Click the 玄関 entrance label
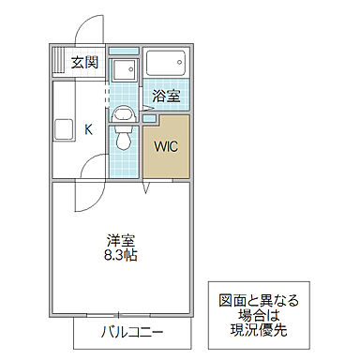point(85,63)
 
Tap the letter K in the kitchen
point(89,129)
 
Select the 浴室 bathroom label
point(165,95)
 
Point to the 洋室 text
point(119,239)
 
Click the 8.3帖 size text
point(120,254)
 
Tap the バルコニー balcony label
point(131,332)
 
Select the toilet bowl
point(124,142)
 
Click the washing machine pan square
point(122,70)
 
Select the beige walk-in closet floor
point(166,164)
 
